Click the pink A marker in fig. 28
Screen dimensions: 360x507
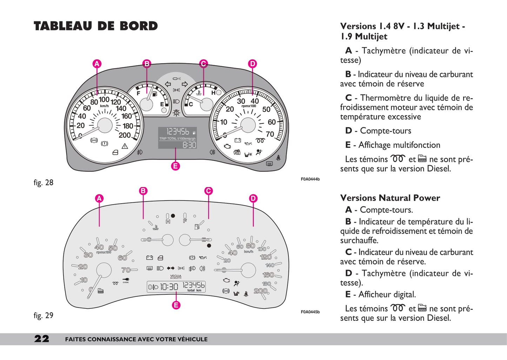97,64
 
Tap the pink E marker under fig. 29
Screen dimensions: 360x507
176,305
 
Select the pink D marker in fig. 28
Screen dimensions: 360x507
252,64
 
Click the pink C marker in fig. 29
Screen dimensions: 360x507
208,191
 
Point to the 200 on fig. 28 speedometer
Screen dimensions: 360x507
125,135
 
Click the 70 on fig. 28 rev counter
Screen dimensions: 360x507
270,134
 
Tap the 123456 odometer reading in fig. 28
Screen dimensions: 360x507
178,132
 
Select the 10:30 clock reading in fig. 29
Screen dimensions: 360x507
169,287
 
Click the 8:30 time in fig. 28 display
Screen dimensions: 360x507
189,145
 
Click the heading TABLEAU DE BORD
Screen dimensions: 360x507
96,26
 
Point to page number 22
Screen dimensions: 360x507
42,339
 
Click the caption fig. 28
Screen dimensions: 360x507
44,182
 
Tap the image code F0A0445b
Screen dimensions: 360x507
310,312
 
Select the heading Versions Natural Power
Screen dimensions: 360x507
390,198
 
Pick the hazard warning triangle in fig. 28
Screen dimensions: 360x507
125,146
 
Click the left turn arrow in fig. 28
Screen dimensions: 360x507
168,84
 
